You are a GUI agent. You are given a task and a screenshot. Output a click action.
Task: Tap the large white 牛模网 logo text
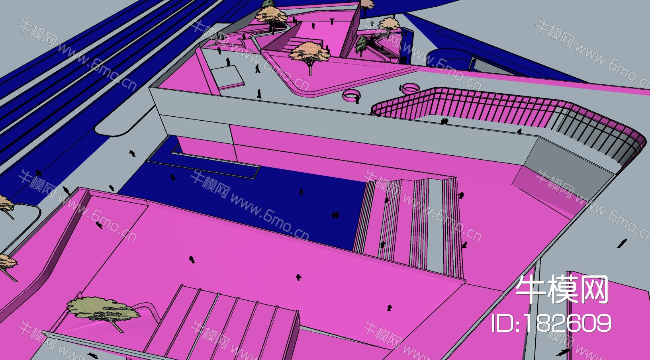(562, 289)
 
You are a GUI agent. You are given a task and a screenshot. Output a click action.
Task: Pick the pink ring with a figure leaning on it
(351, 96)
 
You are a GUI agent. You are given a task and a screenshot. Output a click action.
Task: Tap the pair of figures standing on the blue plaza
(335, 215)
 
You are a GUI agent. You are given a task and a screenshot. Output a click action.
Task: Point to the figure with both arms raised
(332, 21)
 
